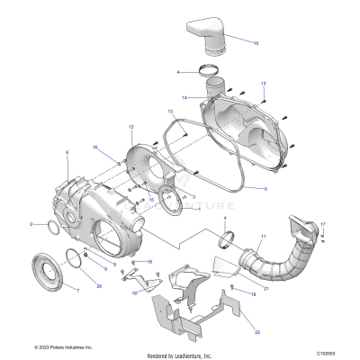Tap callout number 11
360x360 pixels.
click(262, 238)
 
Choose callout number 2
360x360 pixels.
click(56, 223)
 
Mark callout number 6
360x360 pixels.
click(67, 154)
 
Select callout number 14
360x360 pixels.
click(184, 97)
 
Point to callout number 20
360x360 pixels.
click(99, 285)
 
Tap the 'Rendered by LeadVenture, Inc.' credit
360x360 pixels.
click(179, 355)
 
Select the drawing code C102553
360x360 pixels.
click(329, 347)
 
